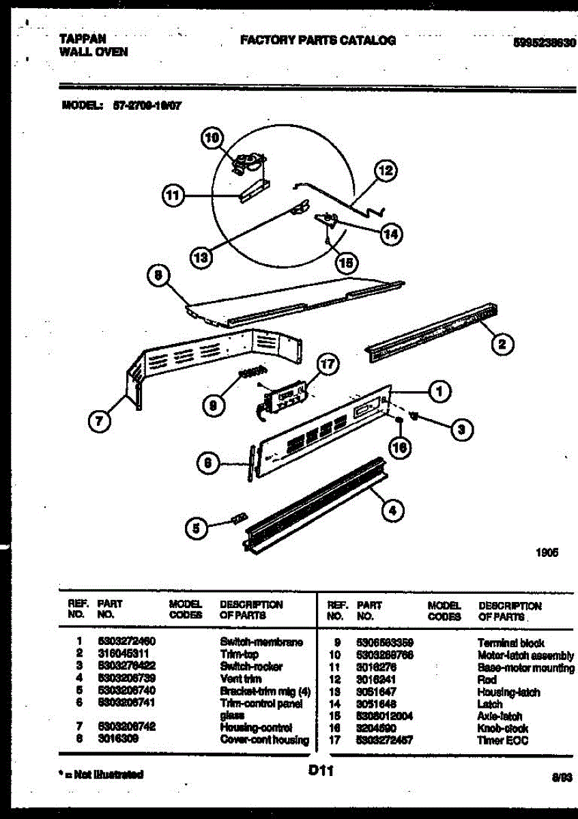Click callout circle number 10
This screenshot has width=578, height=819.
pos(213,139)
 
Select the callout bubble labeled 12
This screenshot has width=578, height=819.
pos(386,171)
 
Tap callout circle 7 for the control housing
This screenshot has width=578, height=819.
pos(100,422)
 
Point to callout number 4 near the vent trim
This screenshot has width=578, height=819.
pos(392,509)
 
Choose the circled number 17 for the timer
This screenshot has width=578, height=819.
pos(328,364)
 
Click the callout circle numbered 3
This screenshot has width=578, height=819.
pos(462,429)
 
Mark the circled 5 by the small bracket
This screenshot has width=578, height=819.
pos(197,527)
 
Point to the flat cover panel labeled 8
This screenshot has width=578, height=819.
pos(293,300)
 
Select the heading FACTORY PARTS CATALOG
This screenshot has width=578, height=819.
pos(317,40)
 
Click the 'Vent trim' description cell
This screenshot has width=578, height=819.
pos(237,679)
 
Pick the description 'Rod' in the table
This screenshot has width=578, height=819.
pos(487,680)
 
